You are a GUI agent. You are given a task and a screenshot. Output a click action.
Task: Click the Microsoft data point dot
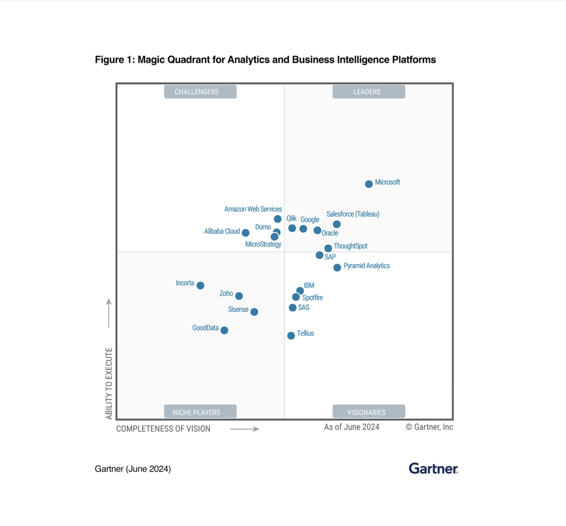click(x=369, y=184)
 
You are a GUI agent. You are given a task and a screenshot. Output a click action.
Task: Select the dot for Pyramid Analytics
click(x=337, y=268)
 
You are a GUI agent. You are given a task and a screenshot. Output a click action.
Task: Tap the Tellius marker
click(x=291, y=336)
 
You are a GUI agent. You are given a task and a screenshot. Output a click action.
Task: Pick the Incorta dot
click(x=200, y=285)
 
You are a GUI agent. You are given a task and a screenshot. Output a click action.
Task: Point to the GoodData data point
click(x=224, y=330)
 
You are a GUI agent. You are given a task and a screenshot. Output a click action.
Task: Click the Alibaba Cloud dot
click(x=245, y=233)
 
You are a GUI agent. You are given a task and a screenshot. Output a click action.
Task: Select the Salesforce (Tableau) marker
click(x=337, y=224)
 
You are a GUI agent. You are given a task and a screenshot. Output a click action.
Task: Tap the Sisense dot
click(x=254, y=312)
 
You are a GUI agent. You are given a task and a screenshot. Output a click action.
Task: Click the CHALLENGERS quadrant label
click(x=200, y=92)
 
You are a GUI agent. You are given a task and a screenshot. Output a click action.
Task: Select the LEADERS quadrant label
click(x=369, y=92)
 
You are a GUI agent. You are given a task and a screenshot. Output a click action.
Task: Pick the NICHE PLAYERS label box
click(x=200, y=412)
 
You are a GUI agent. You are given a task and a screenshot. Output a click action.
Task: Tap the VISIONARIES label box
click(x=369, y=412)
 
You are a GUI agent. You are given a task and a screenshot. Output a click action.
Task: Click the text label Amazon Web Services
click(x=253, y=209)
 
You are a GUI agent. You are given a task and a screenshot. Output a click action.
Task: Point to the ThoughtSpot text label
click(x=351, y=246)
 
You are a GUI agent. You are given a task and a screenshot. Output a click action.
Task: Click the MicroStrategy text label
click(x=263, y=244)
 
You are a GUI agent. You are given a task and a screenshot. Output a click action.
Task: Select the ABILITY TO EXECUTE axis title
click(x=109, y=383)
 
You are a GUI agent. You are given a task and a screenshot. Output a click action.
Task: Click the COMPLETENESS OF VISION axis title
click(x=163, y=429)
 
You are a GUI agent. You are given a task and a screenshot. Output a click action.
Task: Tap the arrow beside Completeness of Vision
click(x=245, y=429)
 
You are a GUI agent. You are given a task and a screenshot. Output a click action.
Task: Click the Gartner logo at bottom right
click(x=433, y=468)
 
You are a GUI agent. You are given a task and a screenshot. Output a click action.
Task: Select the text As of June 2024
click(x=351, y=427)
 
